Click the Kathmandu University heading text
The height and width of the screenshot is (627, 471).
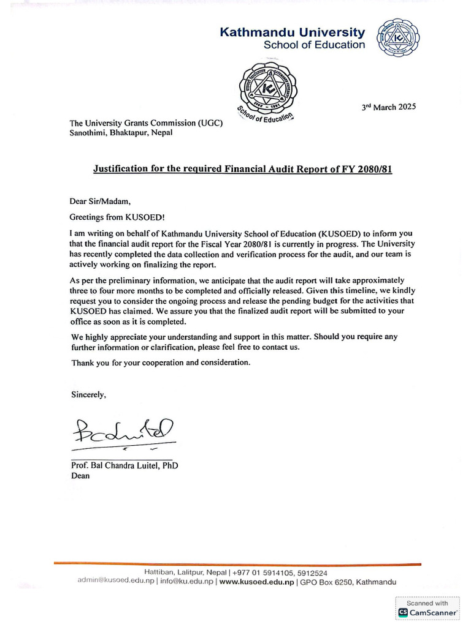click(x=292, y=32)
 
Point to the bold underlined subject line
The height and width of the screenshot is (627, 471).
click(x=242, y=168)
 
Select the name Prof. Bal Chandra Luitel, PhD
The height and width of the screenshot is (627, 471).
click(x=124, y=465)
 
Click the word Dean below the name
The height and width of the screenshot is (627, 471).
click(x=80, y=476)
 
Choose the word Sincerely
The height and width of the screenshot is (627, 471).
click(x=89, y=395)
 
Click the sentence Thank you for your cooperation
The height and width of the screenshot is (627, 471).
click(x=161, y=362)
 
